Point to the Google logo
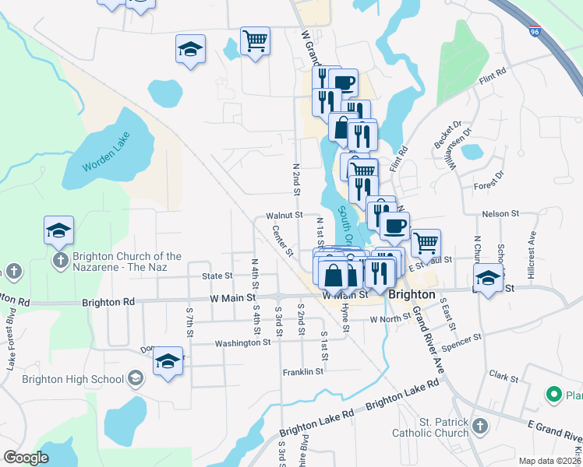(x=26, y=458)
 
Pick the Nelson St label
(x=500, y=213)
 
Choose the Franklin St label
(x=303, y=372)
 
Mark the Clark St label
(x=503, y=378)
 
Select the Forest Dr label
(x=493, y=186)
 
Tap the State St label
(x=217, y=276)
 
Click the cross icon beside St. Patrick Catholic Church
(x=479, y=426)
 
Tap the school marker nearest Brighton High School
(x=168, y=361)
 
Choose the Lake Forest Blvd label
(x=9, y=342)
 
